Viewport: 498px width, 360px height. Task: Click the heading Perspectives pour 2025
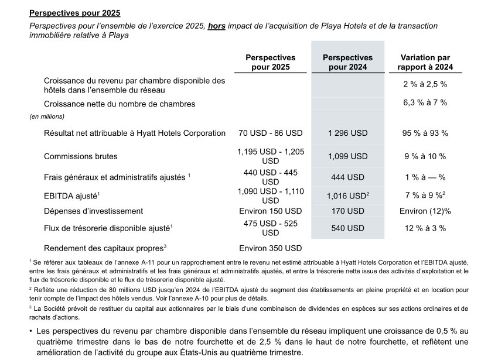tap(74, 12)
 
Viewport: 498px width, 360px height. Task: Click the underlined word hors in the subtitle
tap(217, 26)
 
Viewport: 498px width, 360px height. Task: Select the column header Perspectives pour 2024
tap(347, 63)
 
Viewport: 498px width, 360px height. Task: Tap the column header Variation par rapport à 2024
tap(425, 63)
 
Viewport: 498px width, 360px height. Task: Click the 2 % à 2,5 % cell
tap(425, 85)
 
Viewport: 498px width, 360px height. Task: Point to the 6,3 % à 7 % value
tap(425, 103)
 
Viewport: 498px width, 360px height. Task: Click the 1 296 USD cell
tap(347, 133)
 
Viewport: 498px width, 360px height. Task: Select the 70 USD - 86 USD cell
tap(270, 133)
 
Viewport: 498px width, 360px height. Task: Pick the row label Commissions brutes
tap(80, 156)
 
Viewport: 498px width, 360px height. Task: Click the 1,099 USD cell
tap(347, 156)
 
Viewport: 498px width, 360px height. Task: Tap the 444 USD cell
tap(347, 177)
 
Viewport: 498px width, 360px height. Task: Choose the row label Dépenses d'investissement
tap(93, 211)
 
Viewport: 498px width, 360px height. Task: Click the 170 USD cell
tap(347, 211)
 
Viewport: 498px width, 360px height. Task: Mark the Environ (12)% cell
tap(425, 211)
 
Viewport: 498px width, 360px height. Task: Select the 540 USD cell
tap(347, 228)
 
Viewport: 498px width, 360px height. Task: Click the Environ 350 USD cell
tap(270, 248)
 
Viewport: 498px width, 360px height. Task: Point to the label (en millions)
tap(47, 116)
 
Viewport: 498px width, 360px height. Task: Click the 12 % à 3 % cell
tap(425, 228)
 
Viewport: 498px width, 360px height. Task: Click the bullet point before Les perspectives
tap(31, 331)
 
